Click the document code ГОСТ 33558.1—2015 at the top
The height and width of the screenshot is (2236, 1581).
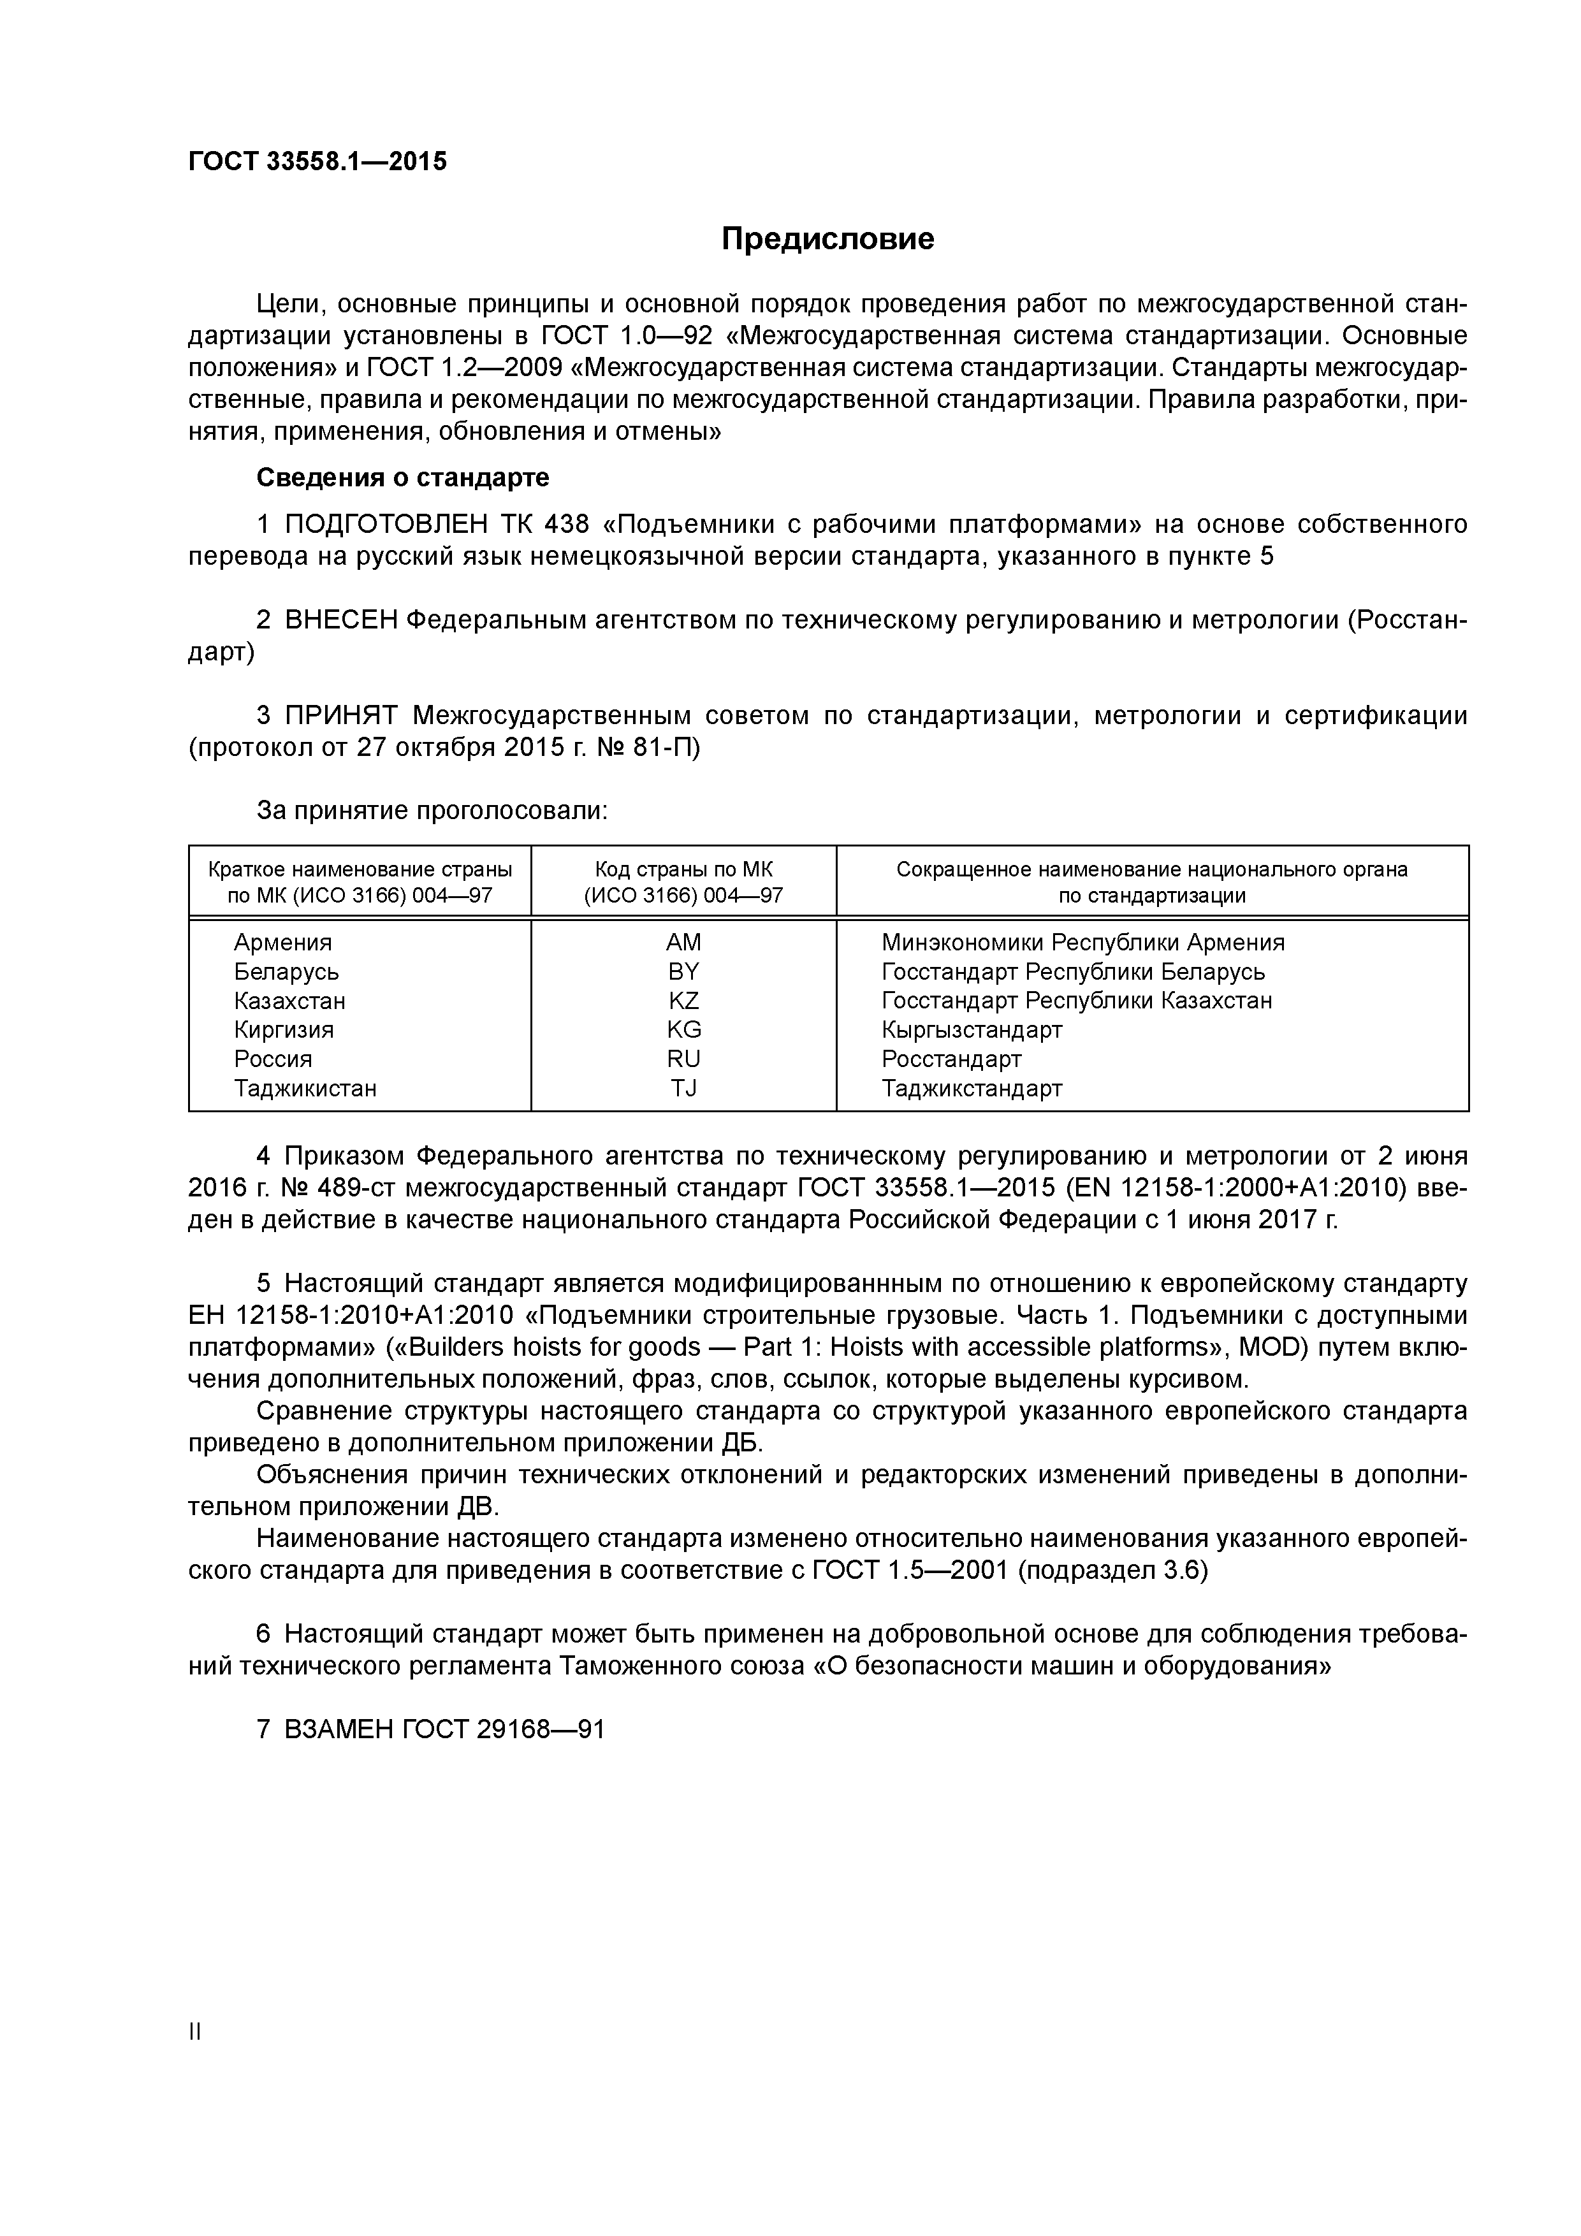click(x=317, y=162)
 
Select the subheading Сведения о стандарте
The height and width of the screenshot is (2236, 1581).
click(x=402, y=477)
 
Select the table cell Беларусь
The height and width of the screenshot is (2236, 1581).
click(x=286, y=971)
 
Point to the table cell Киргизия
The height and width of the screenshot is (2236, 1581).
click(x=284, y=1029)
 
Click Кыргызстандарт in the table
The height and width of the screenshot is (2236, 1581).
click(x=971, y=1029)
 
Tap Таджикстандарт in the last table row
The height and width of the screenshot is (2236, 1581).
click(x=971, y=1088)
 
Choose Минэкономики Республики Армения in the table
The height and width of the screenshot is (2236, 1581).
click(x=1082, y=941)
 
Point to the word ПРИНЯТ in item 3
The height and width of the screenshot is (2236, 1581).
click(x=341, y=716)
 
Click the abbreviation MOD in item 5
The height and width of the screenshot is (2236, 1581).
click(x=1253, y=1347)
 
